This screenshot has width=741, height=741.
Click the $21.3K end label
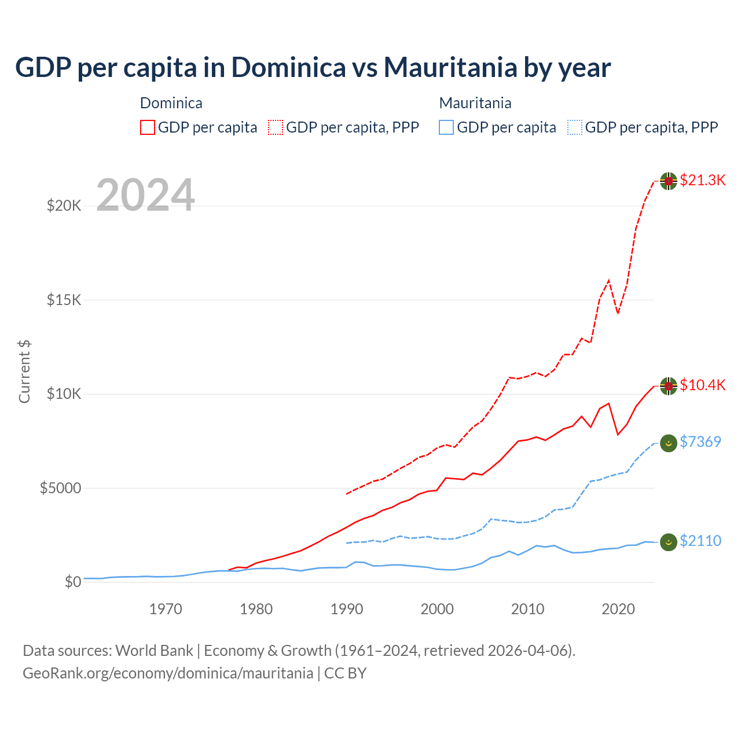pos(702,180)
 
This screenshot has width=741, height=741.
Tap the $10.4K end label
pos(702,385)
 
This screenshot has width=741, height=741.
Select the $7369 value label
pos(700,442)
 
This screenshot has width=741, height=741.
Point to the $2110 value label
pos(700,541)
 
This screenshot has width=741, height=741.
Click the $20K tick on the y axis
pos(64,206)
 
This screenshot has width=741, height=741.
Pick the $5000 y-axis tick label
pos(60,488)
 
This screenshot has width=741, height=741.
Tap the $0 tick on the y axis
pos(72,582)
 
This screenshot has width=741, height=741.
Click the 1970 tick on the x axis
pos(166,609)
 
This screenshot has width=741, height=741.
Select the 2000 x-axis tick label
pos(437,609)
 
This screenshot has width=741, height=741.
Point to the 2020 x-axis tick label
pos(618,609)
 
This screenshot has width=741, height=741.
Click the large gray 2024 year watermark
pos(145,195)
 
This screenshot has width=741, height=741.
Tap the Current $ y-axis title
pos(24,372)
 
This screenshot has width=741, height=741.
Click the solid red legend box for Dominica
pos(148,127)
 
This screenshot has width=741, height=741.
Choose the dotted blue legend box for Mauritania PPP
pos(575,127)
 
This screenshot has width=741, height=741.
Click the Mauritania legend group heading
pos(475,103)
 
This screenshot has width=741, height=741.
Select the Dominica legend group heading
pos(171,103)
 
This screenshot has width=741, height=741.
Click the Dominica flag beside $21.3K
pos(669,181)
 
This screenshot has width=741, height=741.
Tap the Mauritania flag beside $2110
pos(669,542)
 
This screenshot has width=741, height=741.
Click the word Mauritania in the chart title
pos(450,67)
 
